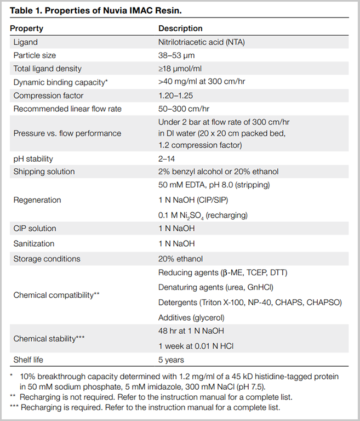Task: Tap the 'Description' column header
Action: pos(180,29)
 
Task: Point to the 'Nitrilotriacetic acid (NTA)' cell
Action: pos(204,42)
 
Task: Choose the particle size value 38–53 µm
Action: pos(176,55)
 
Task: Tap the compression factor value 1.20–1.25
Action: pos(177,95)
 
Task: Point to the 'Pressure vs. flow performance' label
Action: pos(67,133)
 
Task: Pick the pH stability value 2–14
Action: pos(168,159)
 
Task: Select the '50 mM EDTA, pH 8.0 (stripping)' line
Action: pos(212,185)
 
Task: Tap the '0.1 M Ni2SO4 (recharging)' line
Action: pos(203,214)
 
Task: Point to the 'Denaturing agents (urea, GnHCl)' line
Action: pos(215,287)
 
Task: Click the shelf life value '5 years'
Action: pos(171,360)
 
